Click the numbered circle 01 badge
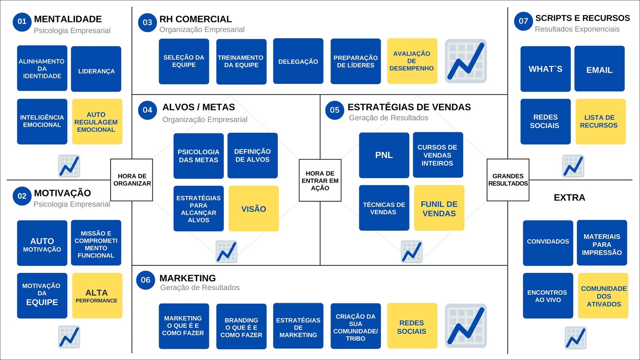(x=22, y=22)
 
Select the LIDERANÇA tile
(x=96, y=69)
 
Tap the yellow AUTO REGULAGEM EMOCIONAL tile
(x=97, y=122)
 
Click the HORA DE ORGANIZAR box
(x=132, y=180)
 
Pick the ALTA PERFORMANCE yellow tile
(x=97, y=296)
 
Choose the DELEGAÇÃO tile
(x=298, y=61)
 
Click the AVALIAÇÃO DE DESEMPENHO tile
(x=412, y=61)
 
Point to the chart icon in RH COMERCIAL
(x=466, y=61)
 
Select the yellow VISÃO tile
(x=254, y=208)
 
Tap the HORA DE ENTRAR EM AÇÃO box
(x=320, y=180)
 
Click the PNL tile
(x=384, y=155)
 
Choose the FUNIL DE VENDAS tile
(x=439, y=208)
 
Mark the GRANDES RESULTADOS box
(x=508, y=180)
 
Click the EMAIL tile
(x=599, y=69)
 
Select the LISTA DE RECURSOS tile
(x=600, y=122)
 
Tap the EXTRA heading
(x=569, y=198)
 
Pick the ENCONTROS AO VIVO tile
(x=548, y=296)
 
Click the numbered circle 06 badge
(x=146, y=280)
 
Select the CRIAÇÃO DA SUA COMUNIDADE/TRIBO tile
(x=356, y=326)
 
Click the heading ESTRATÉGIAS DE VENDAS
(x=409, y=107)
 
